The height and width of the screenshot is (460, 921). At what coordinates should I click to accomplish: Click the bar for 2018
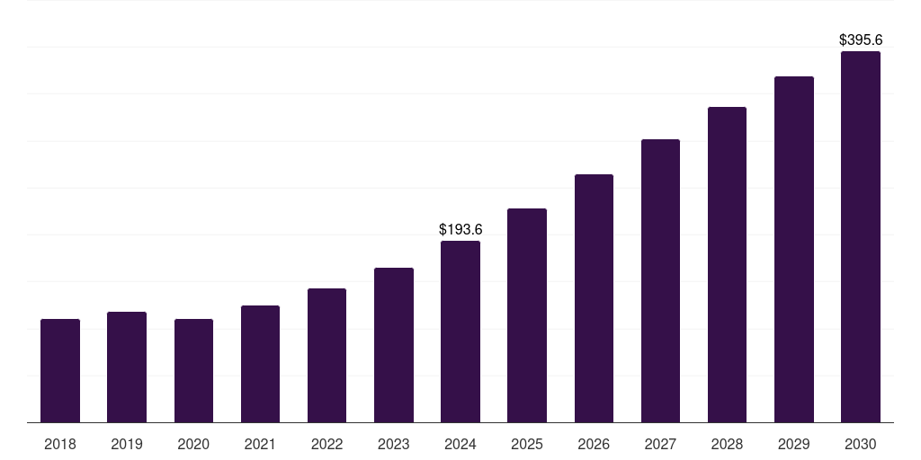click(60, 370)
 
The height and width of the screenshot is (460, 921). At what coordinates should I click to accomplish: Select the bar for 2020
click(193, 370)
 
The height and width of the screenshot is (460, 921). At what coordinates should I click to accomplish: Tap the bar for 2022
click(326, 355)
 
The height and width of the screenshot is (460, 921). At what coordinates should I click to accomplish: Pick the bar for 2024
click(460, 332)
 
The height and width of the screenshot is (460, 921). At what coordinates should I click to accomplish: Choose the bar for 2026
click(594, 298)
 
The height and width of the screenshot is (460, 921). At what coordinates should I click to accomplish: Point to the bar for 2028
click(727, 264)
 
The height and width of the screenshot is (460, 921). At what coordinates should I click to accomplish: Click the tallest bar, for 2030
click(861, 236)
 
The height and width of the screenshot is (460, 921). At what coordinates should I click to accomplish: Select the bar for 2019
click(127, 367)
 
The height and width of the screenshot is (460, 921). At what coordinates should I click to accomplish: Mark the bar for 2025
click(527, 315)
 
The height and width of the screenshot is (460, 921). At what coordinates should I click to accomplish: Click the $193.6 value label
click(460, 230)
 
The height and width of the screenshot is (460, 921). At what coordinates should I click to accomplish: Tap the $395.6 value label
click(861, 40)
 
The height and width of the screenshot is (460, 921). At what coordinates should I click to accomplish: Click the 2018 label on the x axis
click(60, 444)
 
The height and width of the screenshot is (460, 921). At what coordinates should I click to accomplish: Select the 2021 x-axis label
click(260, 444)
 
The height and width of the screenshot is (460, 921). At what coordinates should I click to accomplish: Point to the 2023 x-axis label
click(394, 444)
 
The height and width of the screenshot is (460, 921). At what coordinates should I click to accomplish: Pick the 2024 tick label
click(460, 444)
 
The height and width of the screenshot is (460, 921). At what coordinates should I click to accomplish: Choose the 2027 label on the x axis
click(660, 444)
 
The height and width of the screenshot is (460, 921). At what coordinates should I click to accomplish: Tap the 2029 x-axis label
click(794, 444)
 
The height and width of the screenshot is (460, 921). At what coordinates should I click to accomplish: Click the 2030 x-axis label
click(861, 444)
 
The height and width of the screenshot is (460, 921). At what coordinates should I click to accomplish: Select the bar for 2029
click(794, 249)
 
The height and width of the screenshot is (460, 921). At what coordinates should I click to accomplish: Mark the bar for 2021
click(260, 364)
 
